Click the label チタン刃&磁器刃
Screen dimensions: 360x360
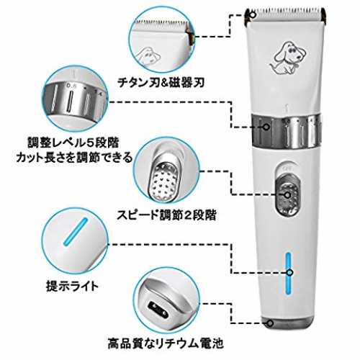[x=161, y=83]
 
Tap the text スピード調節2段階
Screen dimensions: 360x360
[x=166, y=215]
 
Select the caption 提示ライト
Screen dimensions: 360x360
[x=73, y=286]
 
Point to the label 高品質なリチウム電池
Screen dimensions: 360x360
[x=166, y=343]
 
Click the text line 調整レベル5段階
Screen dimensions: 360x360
[x=73, y=143]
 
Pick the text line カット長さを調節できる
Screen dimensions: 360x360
[x=74, y=158]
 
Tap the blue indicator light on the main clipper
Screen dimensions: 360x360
[x=288, y=274]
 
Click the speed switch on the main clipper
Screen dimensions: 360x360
[x=288, y=194]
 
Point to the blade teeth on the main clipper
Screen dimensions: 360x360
[x=286, y=10]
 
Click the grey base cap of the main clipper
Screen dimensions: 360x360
[x=287, y=323]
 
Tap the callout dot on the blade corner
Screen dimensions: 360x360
[x=253, y=15]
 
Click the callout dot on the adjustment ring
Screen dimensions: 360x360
[x=266, y=127]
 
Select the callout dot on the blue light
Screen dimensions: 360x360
[x=290, y=272]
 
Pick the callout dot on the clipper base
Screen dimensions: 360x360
[x=270, y=323]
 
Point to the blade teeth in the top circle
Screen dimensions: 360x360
[x=162, y=23]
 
